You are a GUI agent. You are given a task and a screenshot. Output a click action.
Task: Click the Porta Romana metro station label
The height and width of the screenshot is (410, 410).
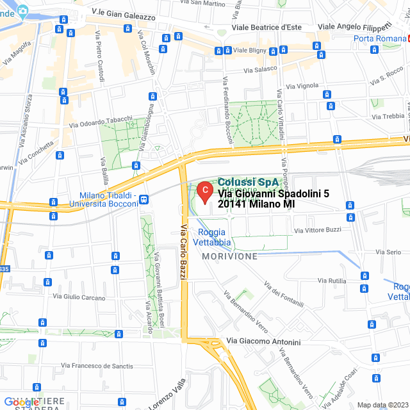[x=381, y=38]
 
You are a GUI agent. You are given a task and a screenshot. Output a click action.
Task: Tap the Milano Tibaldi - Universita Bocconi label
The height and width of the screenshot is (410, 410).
[x=109, y=199]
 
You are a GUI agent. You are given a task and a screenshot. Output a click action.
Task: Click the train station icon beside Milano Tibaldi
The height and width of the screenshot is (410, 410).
[x=144, y=199]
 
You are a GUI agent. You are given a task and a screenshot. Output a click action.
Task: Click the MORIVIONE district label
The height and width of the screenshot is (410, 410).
[x=229, y=256]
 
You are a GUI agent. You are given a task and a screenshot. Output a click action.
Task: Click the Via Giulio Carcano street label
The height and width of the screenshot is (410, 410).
[x=79, y=297]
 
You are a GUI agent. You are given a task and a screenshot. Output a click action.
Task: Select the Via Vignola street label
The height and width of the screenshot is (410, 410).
[x=302, y=86]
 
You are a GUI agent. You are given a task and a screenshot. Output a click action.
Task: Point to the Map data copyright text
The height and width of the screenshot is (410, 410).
[x=382, y=405]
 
